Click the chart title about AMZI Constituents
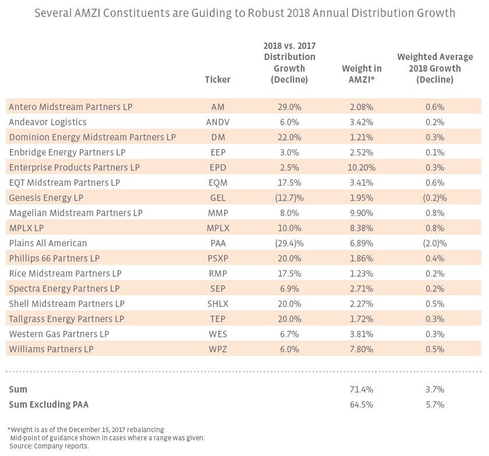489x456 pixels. [x=245, y=12]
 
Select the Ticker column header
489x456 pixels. [x=218, y=80]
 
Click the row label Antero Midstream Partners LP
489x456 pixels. [x=70, y=107]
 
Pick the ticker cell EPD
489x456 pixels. [x=218, y=168]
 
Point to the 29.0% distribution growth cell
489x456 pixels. [x=289, y=107]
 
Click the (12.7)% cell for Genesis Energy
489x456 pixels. [x=289, y=198]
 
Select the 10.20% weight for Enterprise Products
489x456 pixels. [x=361, y=168]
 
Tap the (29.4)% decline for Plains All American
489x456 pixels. [x=289, y=243]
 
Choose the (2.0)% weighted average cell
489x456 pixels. [x=435, y=243]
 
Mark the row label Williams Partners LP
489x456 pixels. [x=51, y=349]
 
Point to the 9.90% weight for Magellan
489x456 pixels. [x=361, y=213]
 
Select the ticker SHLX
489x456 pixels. [x=218, y=304]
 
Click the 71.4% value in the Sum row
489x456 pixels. [x=361, y=389]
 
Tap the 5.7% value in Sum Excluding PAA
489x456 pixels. [x=435, y=404]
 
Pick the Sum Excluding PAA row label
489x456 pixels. [x=48, y=404]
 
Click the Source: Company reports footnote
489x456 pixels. [x=48, y=446]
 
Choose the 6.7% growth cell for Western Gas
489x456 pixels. [x=289, y=334]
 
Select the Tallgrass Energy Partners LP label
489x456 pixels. [x=66, y=319]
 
